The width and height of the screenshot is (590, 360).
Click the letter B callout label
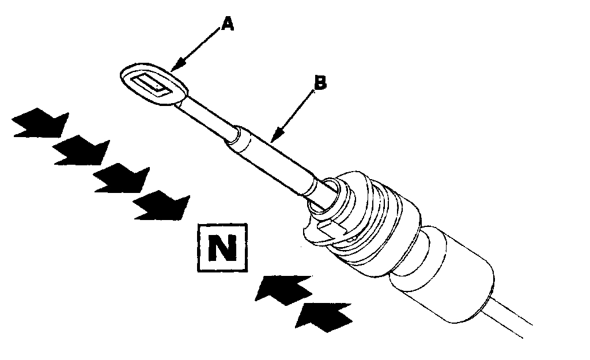(319, 82)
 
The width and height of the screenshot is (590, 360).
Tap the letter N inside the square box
(222, 247)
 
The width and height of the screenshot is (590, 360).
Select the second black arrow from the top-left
(82, 151)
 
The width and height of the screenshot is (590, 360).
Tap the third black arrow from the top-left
(122, 179)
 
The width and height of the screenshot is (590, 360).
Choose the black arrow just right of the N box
(283, 288)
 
